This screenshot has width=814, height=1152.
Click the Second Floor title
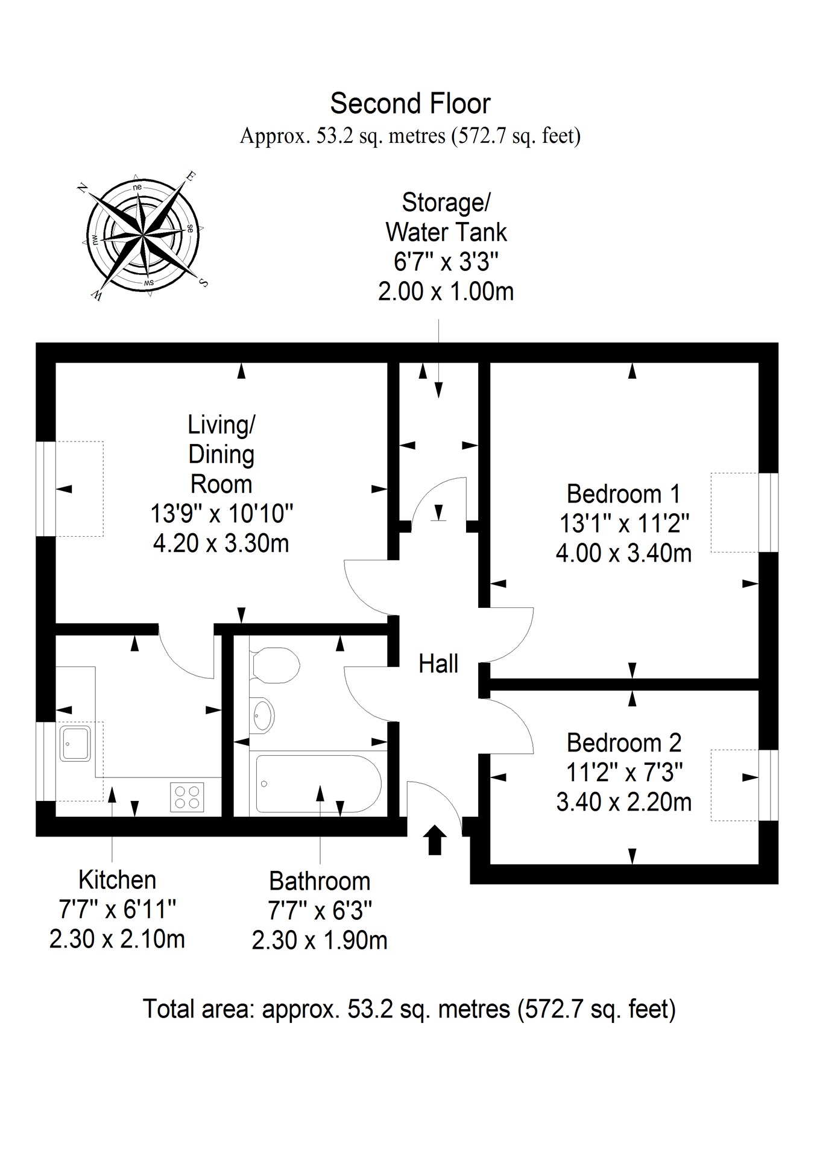(410, 104)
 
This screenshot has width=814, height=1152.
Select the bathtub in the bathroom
(318, 783)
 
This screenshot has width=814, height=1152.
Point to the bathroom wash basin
(262, 715)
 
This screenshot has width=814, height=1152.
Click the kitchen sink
(75, 742)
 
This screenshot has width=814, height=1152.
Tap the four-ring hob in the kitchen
(187, 796)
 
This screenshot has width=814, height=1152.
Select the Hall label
(438, 664)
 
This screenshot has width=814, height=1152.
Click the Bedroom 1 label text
(623, 494)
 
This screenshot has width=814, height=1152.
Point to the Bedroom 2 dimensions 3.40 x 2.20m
(623, 802)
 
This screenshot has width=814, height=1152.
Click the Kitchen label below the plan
(117, 880)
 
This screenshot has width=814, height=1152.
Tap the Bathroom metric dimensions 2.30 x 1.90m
(320, 940)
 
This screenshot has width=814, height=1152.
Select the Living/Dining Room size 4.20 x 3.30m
(221, 543)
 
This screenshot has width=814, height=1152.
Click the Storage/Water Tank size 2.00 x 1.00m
(446, 292)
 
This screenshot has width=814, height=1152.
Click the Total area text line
(409, 1008)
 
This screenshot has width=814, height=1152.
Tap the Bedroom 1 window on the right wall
(768, 513)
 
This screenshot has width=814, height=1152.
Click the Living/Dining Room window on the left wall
(46, 489)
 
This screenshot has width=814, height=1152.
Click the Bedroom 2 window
(768, 785)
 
